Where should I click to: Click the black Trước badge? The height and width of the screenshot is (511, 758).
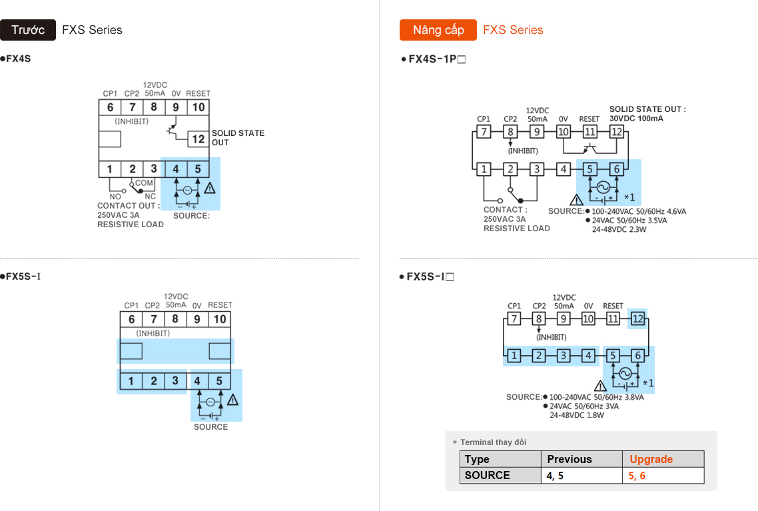tap(28, 30)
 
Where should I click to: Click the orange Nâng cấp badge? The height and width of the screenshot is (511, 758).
tap(438, 30)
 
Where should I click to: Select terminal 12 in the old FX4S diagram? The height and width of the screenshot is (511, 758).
tap(198, 139)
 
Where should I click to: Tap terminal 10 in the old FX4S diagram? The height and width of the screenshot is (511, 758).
tap(198, 107)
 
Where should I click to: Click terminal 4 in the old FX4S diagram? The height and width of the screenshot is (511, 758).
tap(176, 169)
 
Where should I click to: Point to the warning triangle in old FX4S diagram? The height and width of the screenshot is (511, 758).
tap(210, 188)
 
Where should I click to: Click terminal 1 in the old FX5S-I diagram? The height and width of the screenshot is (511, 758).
tap(131, 381)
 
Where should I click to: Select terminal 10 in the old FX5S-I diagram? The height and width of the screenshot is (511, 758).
tap(220, 320)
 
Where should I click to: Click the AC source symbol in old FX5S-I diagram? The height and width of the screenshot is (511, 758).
tap(210, 402)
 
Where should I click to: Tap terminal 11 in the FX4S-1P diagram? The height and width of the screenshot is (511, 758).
tap(589, 132)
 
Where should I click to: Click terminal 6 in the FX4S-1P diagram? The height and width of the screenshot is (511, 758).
tap(617, 169)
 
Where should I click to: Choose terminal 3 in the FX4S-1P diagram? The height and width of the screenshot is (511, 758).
tap(537, 169)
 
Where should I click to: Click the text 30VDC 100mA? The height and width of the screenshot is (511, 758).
tap(636, 119)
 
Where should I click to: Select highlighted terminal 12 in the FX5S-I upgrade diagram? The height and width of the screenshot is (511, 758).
tap(637, 319)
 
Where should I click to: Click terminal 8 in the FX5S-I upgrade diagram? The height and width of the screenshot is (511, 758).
tap(539, 319)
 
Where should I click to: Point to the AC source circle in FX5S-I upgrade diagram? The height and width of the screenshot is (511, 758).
tap(625, 373)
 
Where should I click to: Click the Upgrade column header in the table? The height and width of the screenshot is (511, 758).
tap(651, 459)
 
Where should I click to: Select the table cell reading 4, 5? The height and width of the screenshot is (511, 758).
tap(555, 476)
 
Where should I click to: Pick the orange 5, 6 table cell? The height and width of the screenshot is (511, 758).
tap(637, 476)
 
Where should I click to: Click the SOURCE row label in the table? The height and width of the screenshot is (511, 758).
tap(487, 475)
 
